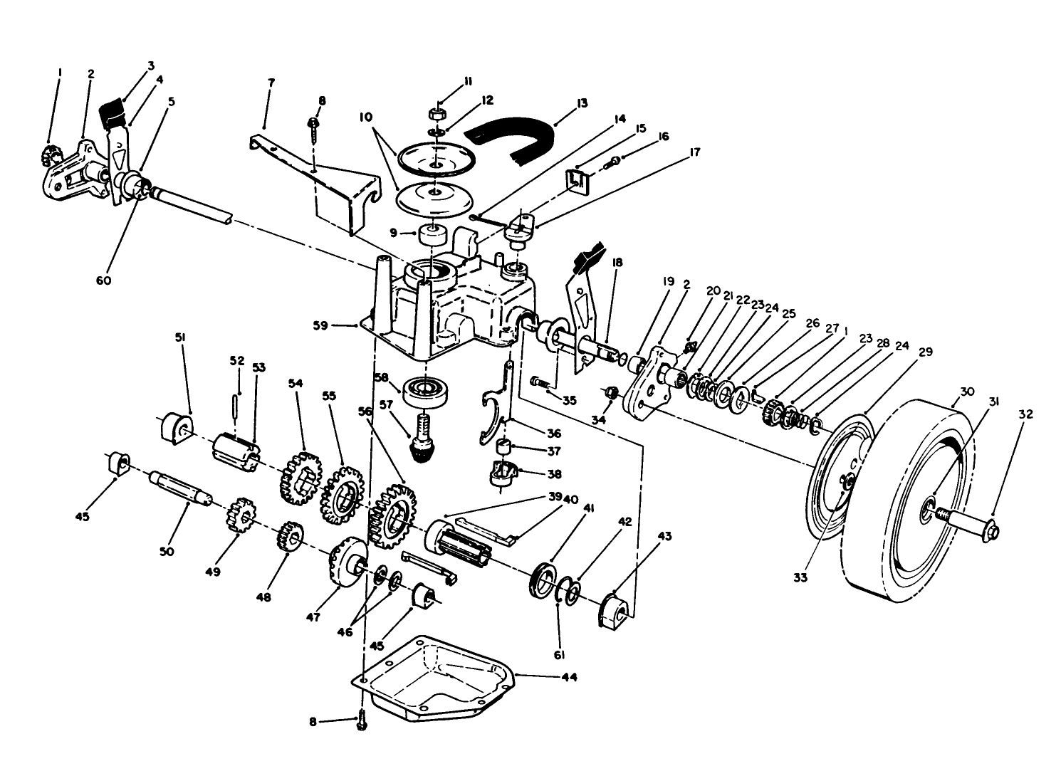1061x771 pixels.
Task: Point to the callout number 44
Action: tap(568, 677)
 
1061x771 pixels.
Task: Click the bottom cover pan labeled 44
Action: tap(434, 673)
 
